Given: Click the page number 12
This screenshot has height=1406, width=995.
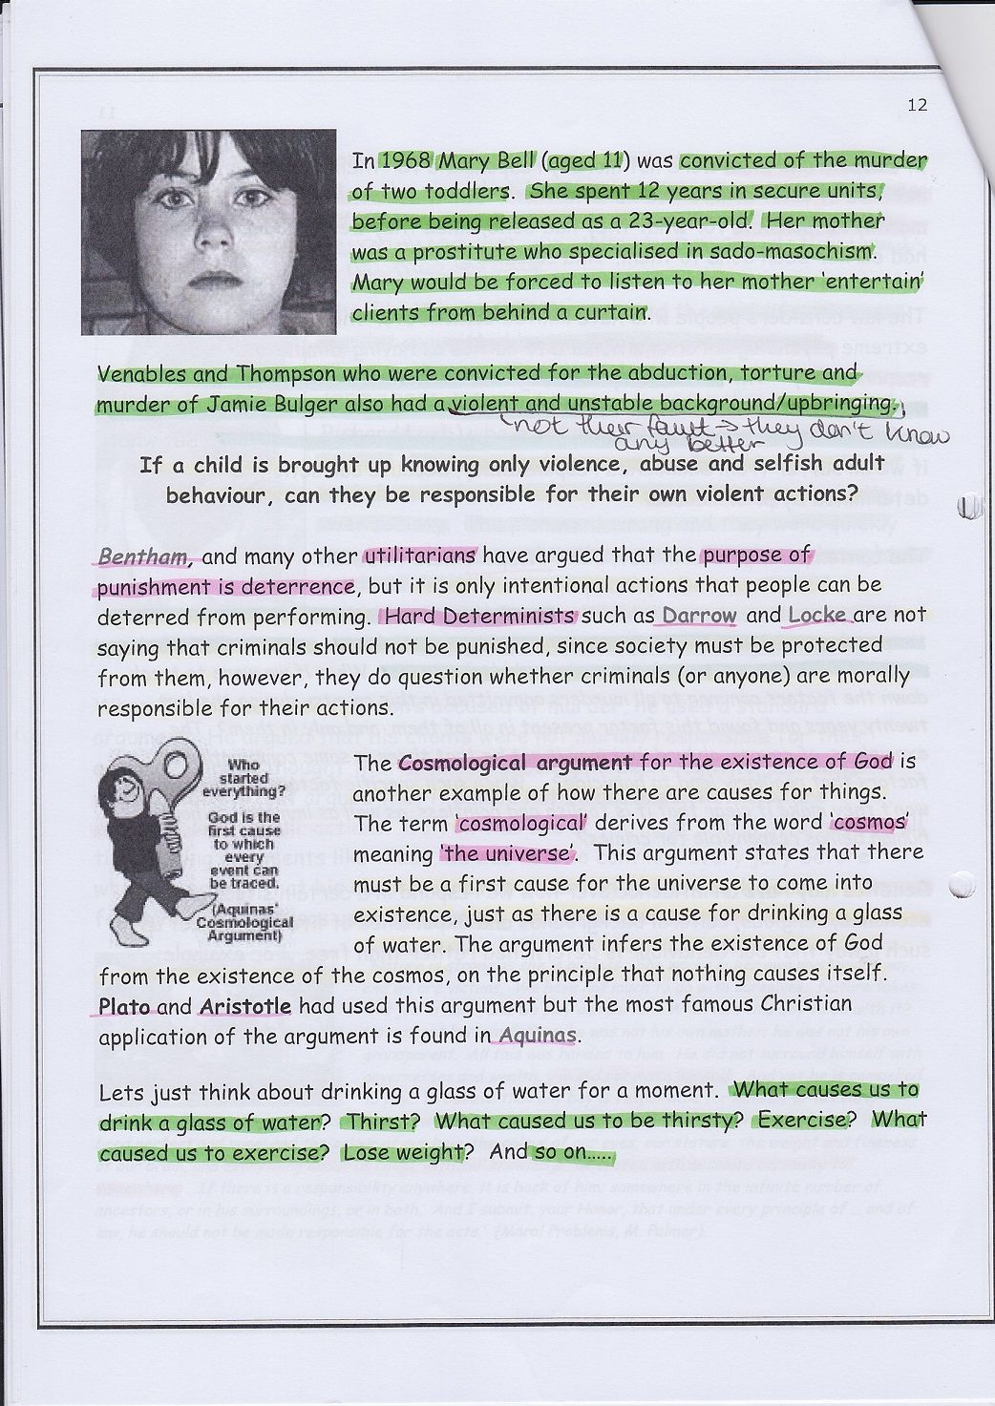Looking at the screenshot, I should point(918,106).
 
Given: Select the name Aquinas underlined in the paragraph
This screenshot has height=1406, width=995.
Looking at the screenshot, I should point(539,1035).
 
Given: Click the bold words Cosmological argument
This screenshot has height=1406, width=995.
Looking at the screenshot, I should point(515,762).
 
